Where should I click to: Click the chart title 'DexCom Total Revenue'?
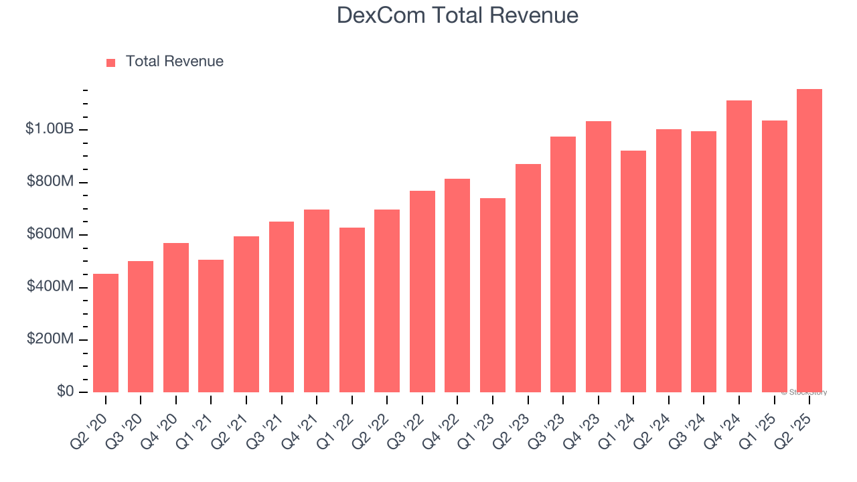click(457, 15)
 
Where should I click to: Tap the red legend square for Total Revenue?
click(111, 62)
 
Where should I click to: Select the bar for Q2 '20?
click(106, 333)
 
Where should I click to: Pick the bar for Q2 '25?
click(809, 240)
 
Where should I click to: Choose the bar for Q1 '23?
click(493, 295)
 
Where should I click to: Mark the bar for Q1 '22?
click(352, 310)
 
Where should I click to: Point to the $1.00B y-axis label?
click(49, 129)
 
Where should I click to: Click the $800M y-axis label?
click(50, 181)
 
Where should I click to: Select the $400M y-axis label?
click(50, 287)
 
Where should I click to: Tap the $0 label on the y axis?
click(65, 392)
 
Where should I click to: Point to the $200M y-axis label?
click(50, 339)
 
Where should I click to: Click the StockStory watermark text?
click(804, 392)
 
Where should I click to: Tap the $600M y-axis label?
click(50, 234)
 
